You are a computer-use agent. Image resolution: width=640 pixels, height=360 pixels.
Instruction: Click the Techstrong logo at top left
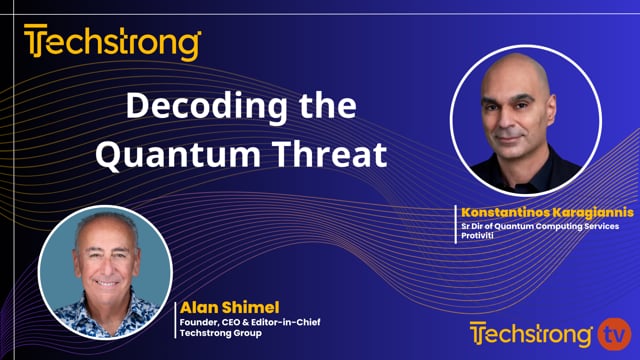pos(112,44)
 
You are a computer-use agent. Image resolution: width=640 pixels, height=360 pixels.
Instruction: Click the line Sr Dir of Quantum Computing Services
pos(539,226)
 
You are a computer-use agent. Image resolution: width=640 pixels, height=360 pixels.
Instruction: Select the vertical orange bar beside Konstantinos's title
pos(455,223)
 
